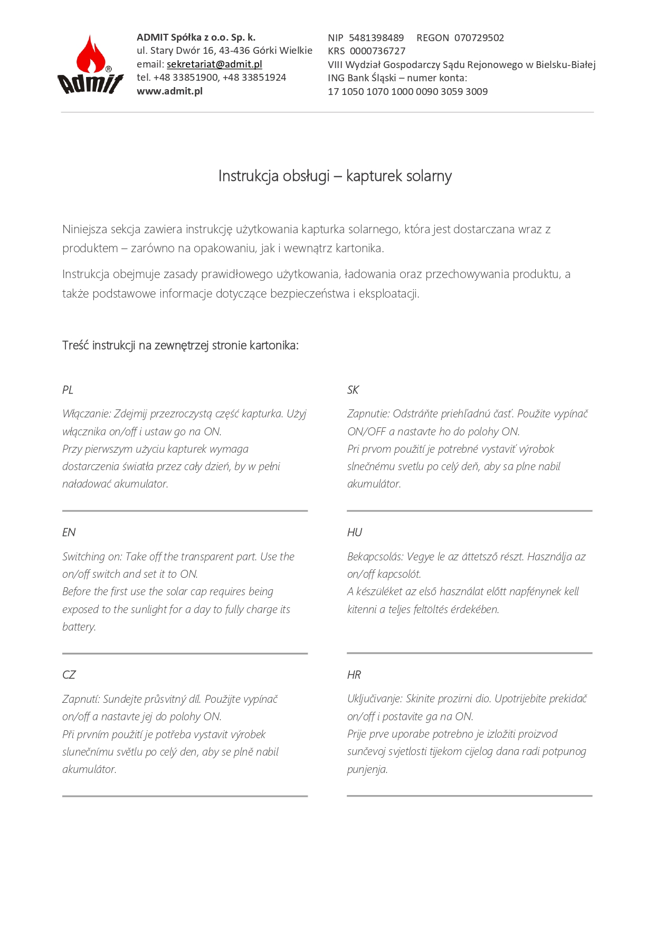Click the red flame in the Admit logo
coord(90,55)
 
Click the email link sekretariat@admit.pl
coord(214,64)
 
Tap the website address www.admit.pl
coord(169,91)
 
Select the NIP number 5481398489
coord(376,38)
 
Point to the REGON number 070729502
coord(479,38)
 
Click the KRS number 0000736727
coord(377,51)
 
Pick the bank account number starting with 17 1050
coord(407,91)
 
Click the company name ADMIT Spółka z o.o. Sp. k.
coord(196,37)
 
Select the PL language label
coord(68,390)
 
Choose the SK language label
coord(353,390)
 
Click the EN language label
coord(69,532)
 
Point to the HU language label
coord(355,532)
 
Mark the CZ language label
coord(69,675)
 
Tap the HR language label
coord(354,675)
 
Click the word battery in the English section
coord(79,627)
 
